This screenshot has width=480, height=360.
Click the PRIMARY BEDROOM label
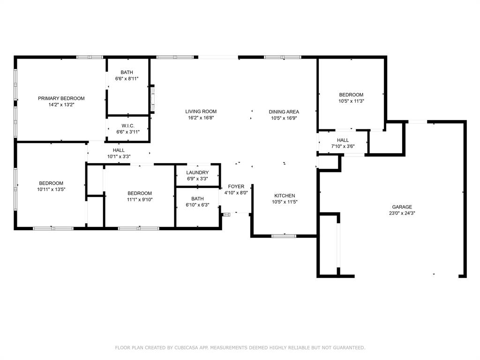pyautogui.click(x=61, y=98)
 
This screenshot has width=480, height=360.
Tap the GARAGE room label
pyautogui.click(x=402, y=207)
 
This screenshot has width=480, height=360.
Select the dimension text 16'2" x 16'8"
pyautogui.click(x=201, y=118)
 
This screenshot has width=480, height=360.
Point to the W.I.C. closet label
pyautogui.click(x=128, y=126)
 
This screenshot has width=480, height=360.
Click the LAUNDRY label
pyautogui.click(x=197, y=172)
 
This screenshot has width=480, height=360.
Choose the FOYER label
pyautogui.click(x=236, y=187)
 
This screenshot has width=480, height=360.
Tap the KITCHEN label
pyautogui.click(x=285, y=195)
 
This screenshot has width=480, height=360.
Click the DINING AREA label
pyautogui.click(x=284, y=112)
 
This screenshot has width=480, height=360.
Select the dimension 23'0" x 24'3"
pyautogui.click(x=402, y=213)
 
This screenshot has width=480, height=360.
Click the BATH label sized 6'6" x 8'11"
pyautogui.click(x=127, y=72)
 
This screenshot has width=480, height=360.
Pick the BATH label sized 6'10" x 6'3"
pyautogui.click(x=197, y=199)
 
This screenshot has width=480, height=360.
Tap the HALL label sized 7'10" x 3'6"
pyautogui.click(x=343, y=140)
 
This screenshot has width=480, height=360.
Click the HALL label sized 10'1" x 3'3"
pyautogui.click(x=119, y=150)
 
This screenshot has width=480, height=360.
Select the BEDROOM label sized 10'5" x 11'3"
pyautogui.click(x=351, y=95)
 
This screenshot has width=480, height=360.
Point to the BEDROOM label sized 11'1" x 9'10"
pyautogui.click(x=140, y=193)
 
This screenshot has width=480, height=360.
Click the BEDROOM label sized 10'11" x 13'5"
pyautogui.click(x=51, y=183)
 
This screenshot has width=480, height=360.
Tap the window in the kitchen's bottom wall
pyautogui.click(x=284, y=236)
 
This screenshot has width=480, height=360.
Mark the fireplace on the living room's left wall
pyautogui.click(x=152, y=99)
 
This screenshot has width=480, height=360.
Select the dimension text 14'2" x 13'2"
pyautogui.click(x=61, y=105)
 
